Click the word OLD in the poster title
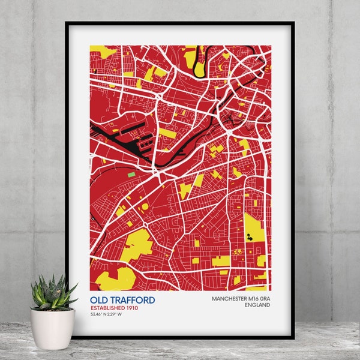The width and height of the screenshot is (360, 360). (x=98, y=299)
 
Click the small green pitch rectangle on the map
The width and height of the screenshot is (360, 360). (x=131, y=174)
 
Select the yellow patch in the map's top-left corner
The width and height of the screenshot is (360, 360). (x=103, y=51)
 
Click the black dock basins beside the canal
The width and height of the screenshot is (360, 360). (x=136, y=135)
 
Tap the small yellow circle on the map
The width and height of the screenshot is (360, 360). (x=145, y=207)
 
